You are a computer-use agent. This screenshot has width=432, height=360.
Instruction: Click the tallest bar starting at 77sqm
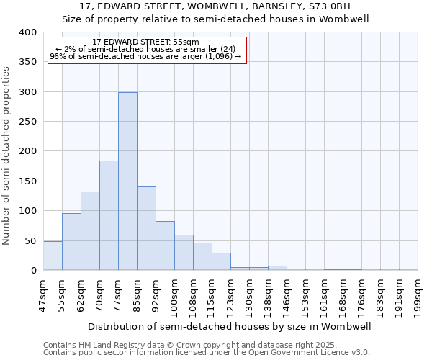pyautogui.click(x=127, y=181)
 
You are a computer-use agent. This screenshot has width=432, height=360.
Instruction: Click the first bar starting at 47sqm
pyautogui.click(x=53, y=256)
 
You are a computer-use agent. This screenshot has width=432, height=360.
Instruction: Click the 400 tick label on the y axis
pyautogui.click(x=28, y=32)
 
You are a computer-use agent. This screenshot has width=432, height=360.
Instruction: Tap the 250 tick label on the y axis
pyautogui.click(x=28, y=122)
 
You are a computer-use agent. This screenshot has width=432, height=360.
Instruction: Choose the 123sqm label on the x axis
pyautogui.click(x=230, y=296)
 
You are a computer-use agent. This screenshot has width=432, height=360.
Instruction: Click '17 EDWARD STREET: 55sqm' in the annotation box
pyautogui.click(x=146, y=42)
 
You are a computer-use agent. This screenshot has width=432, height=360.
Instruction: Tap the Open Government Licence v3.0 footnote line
pyautogui.click(x=207, y=353)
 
